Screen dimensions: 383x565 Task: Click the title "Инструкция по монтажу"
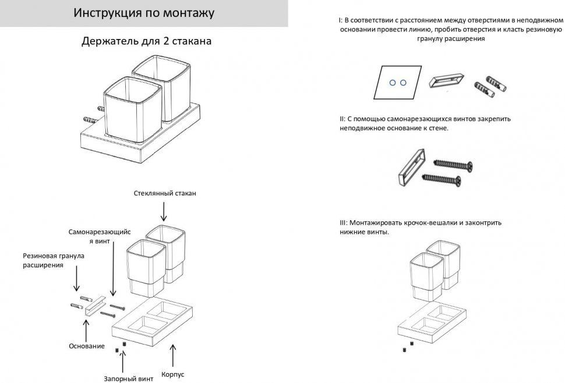pyautogui.click(x=143, y=13)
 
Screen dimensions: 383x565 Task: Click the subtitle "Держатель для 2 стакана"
pyautogui.click(x=146, y=42)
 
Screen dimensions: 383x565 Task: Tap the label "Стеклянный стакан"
pyautogui.click(x=165, y=193)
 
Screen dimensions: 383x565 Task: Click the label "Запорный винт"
pyautogui.click(x=129, y=378)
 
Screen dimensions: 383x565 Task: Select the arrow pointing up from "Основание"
pyautogui.click(x=87, y=329)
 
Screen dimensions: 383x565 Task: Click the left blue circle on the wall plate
pyautogui.click(x=392, y=83)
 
